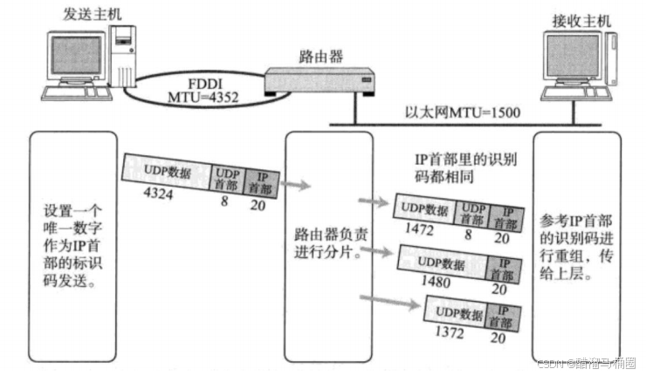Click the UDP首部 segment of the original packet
pos(226,174)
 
